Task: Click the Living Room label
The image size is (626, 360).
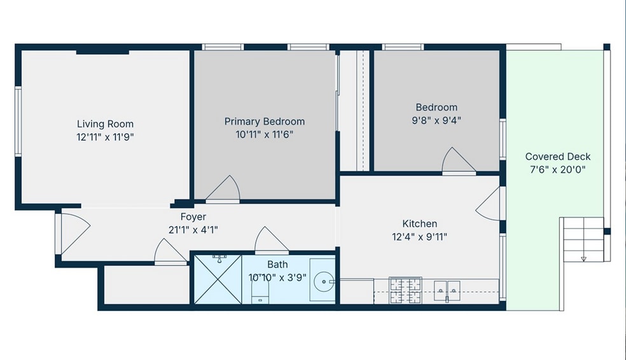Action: tap(105, 124)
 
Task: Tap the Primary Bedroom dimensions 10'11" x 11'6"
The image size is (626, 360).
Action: tap(264, 134)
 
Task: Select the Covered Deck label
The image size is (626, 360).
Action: tap(558, 156)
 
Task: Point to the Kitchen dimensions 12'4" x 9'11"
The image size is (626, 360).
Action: tap(420, 237)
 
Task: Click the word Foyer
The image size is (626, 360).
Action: tap(193, 217)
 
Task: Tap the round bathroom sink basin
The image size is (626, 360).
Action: tap(324, 282)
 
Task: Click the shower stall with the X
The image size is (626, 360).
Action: tap(218, 279)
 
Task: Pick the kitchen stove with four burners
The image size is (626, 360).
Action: tap(406, 290)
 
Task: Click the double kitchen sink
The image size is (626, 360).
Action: tap(447, 291)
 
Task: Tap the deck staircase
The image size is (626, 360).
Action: tap(583, 239)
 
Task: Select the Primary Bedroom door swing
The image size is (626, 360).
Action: tap(223, 189)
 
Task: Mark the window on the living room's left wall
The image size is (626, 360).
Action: tap(18, 121)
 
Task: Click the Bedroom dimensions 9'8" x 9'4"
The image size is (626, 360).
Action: tap(436, 120)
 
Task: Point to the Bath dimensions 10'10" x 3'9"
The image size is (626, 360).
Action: tap(277, 277)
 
